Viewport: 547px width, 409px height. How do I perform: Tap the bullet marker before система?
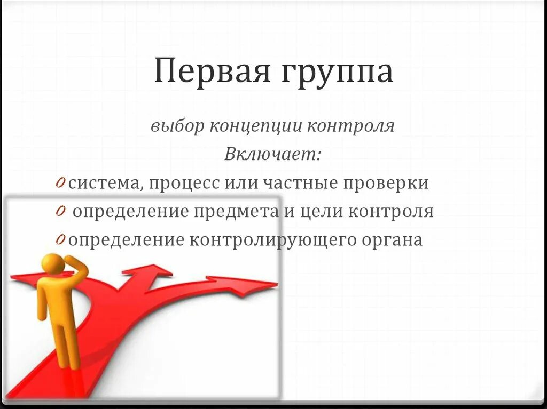60,183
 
